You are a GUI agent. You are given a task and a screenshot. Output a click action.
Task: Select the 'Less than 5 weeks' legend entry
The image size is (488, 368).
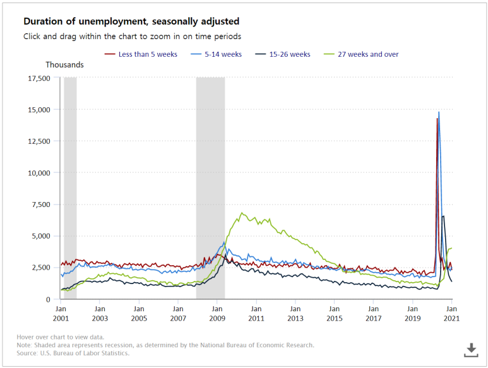141,54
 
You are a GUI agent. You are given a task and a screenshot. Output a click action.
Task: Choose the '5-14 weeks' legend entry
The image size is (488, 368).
217,54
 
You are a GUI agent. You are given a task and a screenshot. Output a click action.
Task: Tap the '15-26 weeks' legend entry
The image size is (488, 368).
283,54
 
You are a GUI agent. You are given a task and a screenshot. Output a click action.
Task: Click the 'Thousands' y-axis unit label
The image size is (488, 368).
64,64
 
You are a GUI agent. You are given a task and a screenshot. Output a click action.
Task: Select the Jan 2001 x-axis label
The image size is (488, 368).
61,314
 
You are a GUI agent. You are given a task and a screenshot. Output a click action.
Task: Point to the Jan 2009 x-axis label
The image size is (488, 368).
217,314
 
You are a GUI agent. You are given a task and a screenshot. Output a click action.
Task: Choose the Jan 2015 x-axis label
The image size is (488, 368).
334,314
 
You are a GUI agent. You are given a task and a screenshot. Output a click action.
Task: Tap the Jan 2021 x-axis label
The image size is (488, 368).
451,314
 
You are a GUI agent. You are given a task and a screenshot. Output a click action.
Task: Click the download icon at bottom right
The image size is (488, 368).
471,349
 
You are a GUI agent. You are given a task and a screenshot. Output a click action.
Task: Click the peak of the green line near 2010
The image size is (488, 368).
242,213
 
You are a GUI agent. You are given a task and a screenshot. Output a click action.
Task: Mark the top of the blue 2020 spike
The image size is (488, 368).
439,112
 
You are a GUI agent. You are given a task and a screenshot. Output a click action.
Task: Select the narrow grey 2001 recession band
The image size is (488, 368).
70,189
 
